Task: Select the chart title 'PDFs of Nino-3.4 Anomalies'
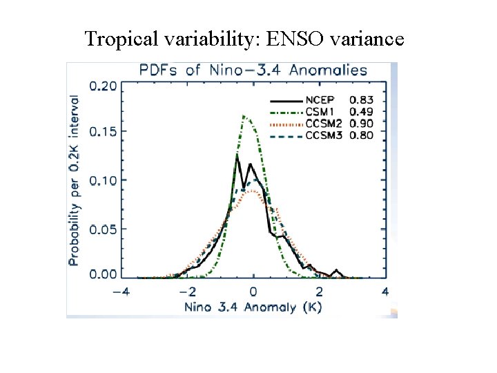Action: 253,70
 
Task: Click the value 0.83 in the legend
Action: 362,99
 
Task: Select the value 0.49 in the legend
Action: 362,111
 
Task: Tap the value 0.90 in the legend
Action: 362,123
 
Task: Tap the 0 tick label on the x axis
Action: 253,291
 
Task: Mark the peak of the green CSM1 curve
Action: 244,116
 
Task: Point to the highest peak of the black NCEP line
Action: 237,155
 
